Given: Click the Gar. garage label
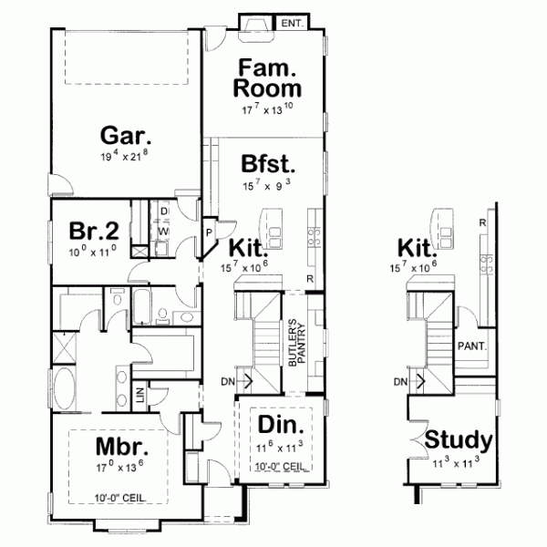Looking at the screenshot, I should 125,137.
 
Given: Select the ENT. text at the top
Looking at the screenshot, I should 291,22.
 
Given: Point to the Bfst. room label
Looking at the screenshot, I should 268,165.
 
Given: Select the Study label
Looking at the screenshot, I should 459,441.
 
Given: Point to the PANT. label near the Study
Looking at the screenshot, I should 471,346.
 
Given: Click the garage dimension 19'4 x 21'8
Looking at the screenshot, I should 125,157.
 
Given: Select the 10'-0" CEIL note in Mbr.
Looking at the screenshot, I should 119,498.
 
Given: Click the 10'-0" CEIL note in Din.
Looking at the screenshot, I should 279,467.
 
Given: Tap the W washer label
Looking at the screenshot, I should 164,232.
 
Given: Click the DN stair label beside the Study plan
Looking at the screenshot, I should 400,382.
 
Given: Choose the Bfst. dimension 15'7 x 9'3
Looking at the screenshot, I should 268,186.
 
